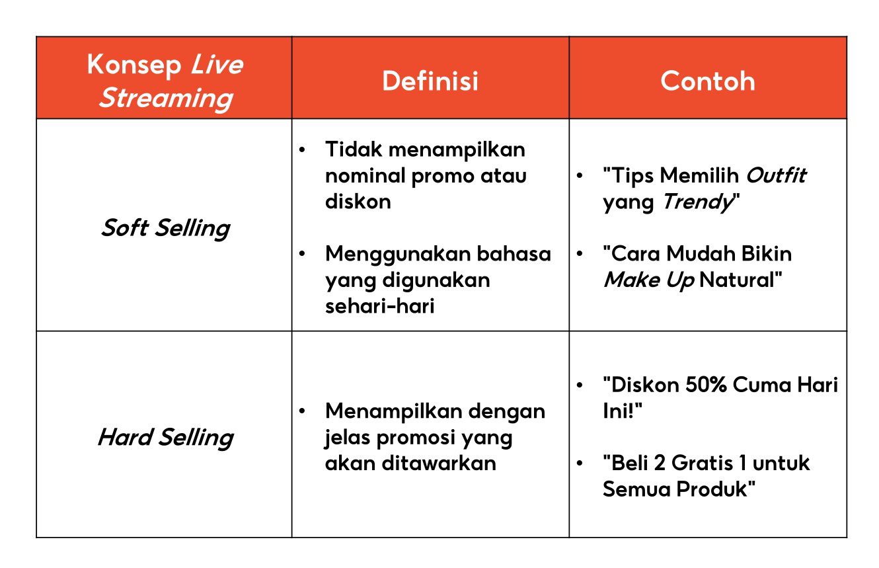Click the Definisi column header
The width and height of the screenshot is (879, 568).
coord(430,81)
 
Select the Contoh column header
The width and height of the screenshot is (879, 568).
coord(707,81)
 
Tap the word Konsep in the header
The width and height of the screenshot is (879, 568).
coord(134,65)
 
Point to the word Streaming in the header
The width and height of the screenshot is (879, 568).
coord(165,98)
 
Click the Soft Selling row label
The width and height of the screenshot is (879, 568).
coord(165,228)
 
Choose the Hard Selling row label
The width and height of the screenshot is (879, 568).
coord(165,438)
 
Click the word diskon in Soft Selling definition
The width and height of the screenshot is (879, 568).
coord(358,202)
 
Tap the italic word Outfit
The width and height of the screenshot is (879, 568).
coord(776,176)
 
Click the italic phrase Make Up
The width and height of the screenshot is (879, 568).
coord(648,280)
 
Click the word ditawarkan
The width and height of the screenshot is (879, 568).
coord(438,463)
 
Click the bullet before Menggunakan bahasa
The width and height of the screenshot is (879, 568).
coord(303,255)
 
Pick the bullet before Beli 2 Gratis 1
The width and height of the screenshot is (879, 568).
coord(580,463)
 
